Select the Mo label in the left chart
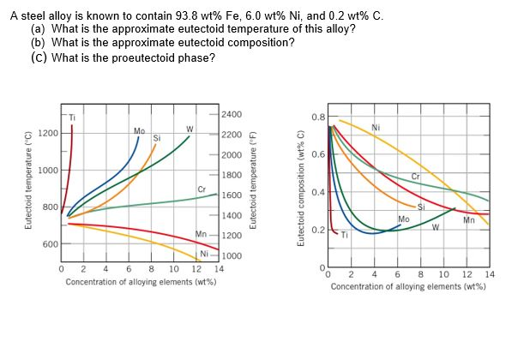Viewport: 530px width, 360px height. click(x=139, y=130)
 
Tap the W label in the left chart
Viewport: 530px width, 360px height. click(x=189, y=130)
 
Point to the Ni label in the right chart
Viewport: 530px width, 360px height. click(x=376, y=129)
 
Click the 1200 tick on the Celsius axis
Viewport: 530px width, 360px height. click(x=49, y=134)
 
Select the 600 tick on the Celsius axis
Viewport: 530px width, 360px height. click(x=51, y=244)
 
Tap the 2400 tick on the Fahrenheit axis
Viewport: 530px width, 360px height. click(x=232, y=114)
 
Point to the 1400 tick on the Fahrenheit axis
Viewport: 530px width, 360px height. click(x=232, y=217)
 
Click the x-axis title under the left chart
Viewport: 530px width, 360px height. click(x=140, y=281)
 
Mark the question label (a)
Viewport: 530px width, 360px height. click(x=38, y=29)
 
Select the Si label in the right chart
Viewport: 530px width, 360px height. click(x=420, y=207)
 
